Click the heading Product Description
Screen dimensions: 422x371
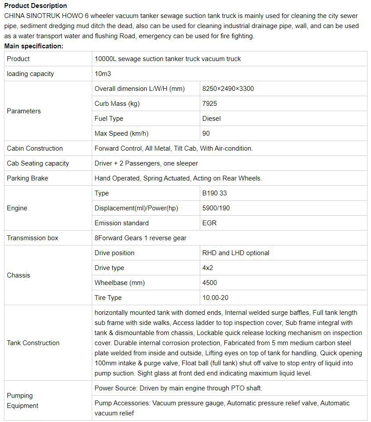[x=36, y=6]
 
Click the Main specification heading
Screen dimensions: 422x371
[x=34, y=46]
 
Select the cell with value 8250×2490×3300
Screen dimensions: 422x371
[x=228, y=89]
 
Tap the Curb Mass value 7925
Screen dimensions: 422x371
[x=209, y=104]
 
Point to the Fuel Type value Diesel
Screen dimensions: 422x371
[x=211, y=119]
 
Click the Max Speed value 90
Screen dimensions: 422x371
[x=206, y=133]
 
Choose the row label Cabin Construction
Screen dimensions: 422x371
[x=35, y=148]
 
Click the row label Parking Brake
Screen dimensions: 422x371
[x=27, y=178]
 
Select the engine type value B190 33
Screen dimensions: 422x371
[x=214, y=193]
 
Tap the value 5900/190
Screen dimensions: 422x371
[x=216, y=208]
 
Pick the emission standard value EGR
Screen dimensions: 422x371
[x=209, y=223]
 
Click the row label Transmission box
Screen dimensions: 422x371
[x=32, y=238]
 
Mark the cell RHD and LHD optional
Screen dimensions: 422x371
[x=235, y=253]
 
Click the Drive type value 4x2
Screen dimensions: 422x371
[x=207, y=268]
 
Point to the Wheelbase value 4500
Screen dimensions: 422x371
[x=209, y=283]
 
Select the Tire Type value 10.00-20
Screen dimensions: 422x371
[x=215, y=298]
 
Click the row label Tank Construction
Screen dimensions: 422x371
[x=33, y=343]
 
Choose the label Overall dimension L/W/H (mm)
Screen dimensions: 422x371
[x=140, y=89]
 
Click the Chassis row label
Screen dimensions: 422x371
[x=18, y=275]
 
